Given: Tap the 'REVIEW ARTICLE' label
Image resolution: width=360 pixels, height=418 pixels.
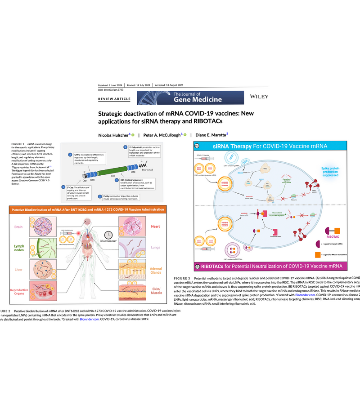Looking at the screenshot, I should pyautogui.click(x=114, y=99).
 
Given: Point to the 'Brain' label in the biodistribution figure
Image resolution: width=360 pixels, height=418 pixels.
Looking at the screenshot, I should pyautogui.click(x=18, y=227).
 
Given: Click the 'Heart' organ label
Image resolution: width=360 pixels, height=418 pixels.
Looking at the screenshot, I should pyautogui.click(x=156, y=227).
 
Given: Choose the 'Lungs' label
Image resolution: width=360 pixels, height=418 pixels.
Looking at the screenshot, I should pyautogui.click(x=156, y=247).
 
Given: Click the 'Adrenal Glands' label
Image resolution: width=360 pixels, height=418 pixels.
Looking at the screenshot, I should pyautogui.click(x=155, y=271).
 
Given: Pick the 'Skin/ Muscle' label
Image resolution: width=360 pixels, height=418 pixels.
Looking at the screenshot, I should pyautogui.click(x=155, y=292).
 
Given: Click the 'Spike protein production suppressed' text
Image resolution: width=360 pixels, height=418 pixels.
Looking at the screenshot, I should pyautogui.click(x=343, y=173).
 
